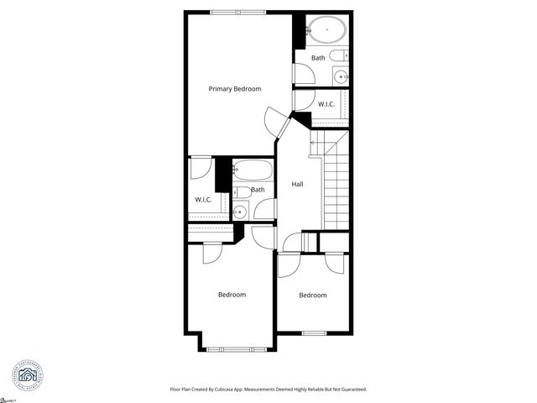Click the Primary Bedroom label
[x=235, y=89]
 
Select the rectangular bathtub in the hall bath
[x=253, y=171]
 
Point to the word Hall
[x=297, y=185]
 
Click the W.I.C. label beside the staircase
[x=326, y=104]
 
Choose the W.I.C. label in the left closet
[x=204, y=200]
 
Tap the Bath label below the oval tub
[x=318, y=58]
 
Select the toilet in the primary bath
[x=339, y=55]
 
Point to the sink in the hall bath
[x=239, y=211]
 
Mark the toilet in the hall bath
[x=238, y=191]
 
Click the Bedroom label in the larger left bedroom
[x=232, y=295]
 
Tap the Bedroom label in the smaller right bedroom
[x=313, y=295]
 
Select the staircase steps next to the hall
[x=336, y=189]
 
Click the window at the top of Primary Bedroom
[x=237, y=12]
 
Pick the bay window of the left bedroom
[x=237, y=348]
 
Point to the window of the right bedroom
[x=314, y=333]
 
